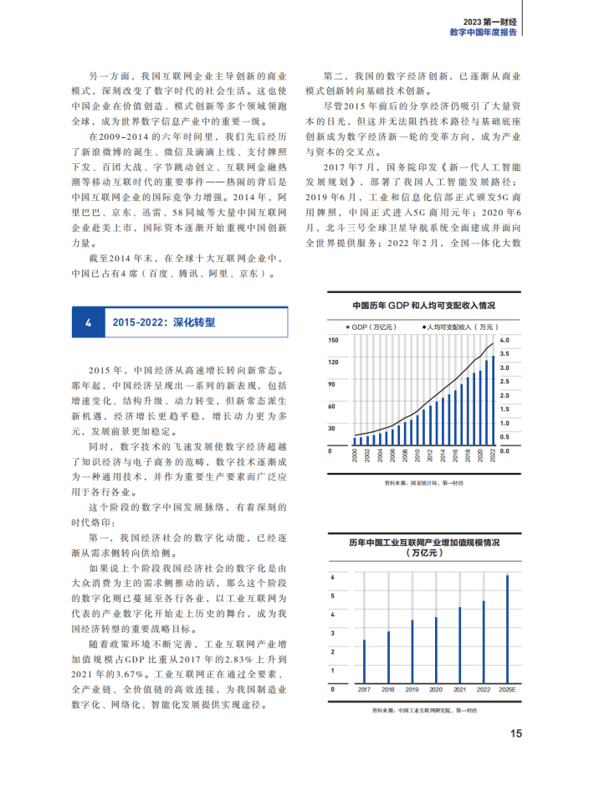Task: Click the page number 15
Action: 516,733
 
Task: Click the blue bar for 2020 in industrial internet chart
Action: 436,650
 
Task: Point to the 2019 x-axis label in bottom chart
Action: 412,689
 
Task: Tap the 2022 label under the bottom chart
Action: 484,689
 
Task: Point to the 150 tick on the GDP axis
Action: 332,340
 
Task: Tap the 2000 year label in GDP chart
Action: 355,456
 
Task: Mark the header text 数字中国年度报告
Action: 483,32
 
